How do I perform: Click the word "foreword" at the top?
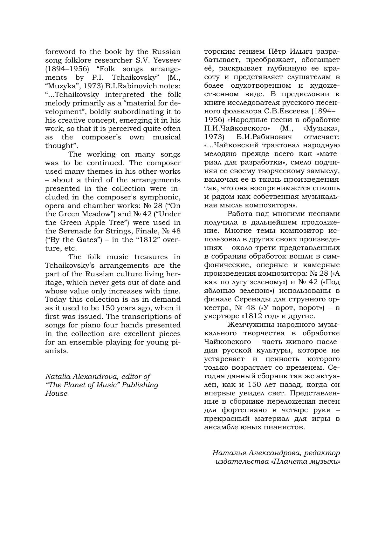[60, 52]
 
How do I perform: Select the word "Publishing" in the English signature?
[140, 385]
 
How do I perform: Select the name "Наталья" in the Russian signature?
[230, 453]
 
